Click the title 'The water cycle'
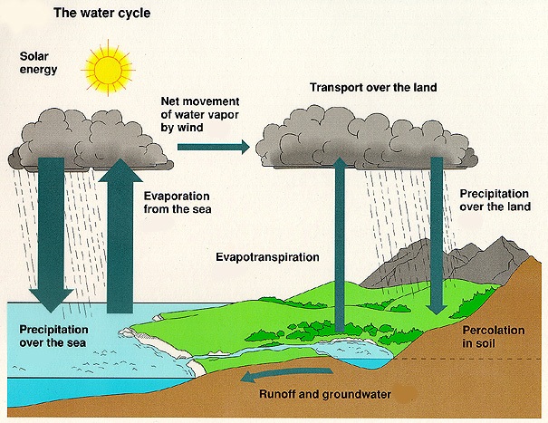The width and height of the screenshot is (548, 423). (101, 14)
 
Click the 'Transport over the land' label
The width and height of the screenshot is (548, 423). (372, 88)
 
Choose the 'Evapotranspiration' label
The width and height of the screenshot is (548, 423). (268, 256)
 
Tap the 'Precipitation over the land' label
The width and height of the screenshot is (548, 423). (498, 200)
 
